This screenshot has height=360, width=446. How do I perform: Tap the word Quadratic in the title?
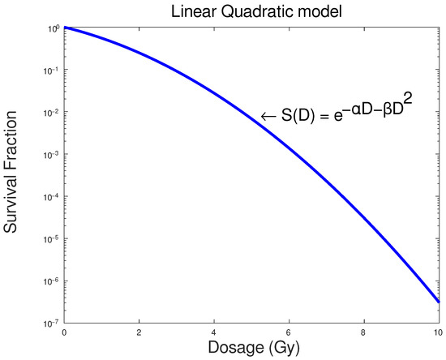coord(245,11)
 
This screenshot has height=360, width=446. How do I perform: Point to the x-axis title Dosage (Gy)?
coord(251,349)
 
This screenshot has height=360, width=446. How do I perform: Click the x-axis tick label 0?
coord(63,332)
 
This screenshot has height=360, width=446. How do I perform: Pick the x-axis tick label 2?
coord(139,332)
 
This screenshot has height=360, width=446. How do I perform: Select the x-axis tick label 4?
coord(213,332)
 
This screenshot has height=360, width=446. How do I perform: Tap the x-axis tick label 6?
coord(289,332)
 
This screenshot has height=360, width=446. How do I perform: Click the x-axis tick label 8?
coord(363,332)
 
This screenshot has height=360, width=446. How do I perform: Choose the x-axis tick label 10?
coord(438,332)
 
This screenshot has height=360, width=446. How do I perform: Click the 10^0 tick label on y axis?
coord(54,28)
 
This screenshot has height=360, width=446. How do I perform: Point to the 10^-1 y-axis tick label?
coord(52,71)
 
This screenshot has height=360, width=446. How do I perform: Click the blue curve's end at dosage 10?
coord(438,302)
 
